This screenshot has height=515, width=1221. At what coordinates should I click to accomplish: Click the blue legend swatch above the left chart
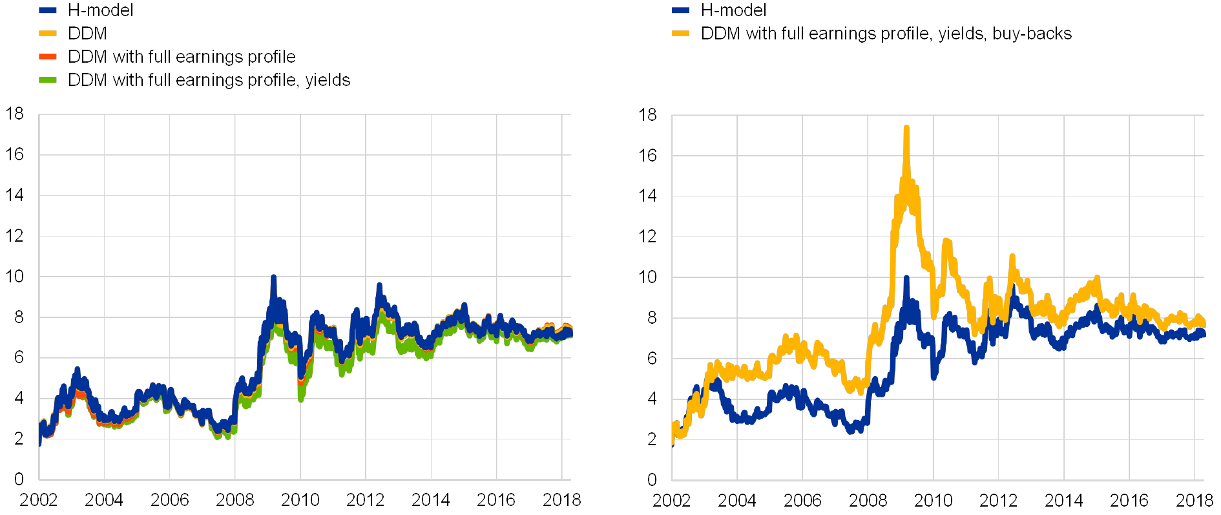tap(48, 10)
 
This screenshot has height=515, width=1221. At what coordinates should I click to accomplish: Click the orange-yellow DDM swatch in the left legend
tap(48, 34)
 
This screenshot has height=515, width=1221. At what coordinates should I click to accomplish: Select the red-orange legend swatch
tap(48, 57)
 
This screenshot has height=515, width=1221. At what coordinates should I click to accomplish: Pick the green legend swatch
tap(48, 80)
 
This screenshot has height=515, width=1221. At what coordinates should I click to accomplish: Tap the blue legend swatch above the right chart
tap(680, 10)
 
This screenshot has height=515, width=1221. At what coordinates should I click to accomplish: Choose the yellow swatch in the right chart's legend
tap(680, 34)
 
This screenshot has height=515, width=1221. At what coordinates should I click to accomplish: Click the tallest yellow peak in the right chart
tap(906, 129)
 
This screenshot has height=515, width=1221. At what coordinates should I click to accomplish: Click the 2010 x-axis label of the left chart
tap(300, 499)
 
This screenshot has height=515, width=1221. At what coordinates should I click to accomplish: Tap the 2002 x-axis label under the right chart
tap(672, 499)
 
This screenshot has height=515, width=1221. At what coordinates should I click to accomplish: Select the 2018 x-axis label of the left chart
tap(561, 499)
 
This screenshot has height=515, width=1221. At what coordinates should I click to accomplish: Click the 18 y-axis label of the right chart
tap(647, 115)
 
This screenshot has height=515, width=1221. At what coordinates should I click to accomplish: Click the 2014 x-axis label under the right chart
tap(1063, 499)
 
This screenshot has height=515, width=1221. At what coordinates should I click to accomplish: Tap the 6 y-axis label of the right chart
tap(651, 357)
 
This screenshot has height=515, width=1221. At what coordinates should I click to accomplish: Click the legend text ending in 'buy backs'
tap(890, 34)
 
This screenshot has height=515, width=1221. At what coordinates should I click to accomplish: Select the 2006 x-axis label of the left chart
tap(169, 499)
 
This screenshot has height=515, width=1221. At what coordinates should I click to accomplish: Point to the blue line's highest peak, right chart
tap(906, 278)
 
